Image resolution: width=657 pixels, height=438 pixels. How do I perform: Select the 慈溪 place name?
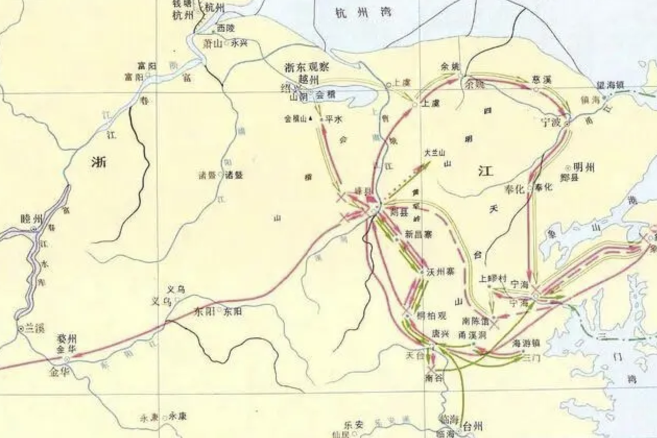point(541,80)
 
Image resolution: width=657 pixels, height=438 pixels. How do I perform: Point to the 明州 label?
point(583,167)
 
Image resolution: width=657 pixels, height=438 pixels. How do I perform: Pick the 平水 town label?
point(333,119)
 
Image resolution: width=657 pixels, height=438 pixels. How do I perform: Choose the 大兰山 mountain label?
point(434,153)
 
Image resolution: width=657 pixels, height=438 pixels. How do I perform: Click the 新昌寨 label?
point(419,235)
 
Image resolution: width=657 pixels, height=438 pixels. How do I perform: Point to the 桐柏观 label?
point(432,315)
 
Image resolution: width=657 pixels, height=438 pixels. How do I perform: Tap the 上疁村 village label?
point(493,278)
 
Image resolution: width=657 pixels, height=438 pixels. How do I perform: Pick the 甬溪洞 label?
point(472,334)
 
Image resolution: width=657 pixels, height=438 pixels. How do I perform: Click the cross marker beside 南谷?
point(429,370)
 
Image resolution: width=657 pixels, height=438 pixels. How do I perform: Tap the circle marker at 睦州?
point(34,228)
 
